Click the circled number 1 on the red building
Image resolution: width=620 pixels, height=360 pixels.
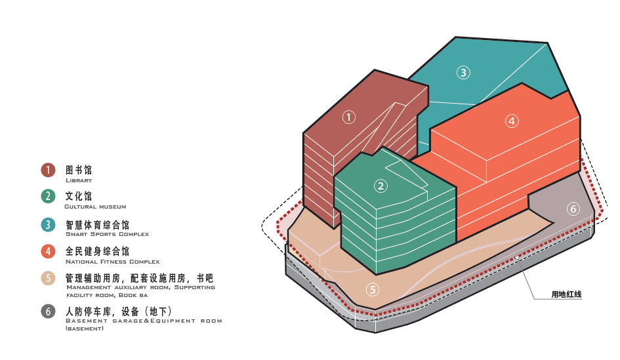pos(349,117)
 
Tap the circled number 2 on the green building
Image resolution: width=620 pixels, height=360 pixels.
pos(381,186)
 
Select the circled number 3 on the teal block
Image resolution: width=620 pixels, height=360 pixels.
pos(464,73)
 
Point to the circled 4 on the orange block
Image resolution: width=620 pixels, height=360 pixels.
pos(512,121)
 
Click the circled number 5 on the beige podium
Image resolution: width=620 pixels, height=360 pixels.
pos(373,289)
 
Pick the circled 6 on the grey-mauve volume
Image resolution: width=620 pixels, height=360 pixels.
pos(573,209)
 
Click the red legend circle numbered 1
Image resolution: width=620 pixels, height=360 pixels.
pos(48,170)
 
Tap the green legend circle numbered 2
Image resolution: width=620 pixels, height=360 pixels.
pos(48,196)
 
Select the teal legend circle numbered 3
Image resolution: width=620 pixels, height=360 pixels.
pos(48,224)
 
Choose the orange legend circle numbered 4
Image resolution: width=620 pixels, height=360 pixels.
pos(48,251)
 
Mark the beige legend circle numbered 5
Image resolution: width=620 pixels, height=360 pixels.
pos(48,278)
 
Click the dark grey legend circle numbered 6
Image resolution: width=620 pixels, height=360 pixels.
pos(48,311)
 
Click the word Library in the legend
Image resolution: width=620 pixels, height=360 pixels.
pos(79,180)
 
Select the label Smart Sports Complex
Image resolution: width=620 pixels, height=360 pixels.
pos(107,234)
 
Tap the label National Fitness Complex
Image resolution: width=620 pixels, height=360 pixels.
pos(112,262)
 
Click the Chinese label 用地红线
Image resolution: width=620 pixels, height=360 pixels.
pos(566,294)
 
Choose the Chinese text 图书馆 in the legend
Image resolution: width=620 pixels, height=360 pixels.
pos(79,170)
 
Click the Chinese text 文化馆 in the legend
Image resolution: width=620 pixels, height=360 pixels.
pos(79,196)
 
